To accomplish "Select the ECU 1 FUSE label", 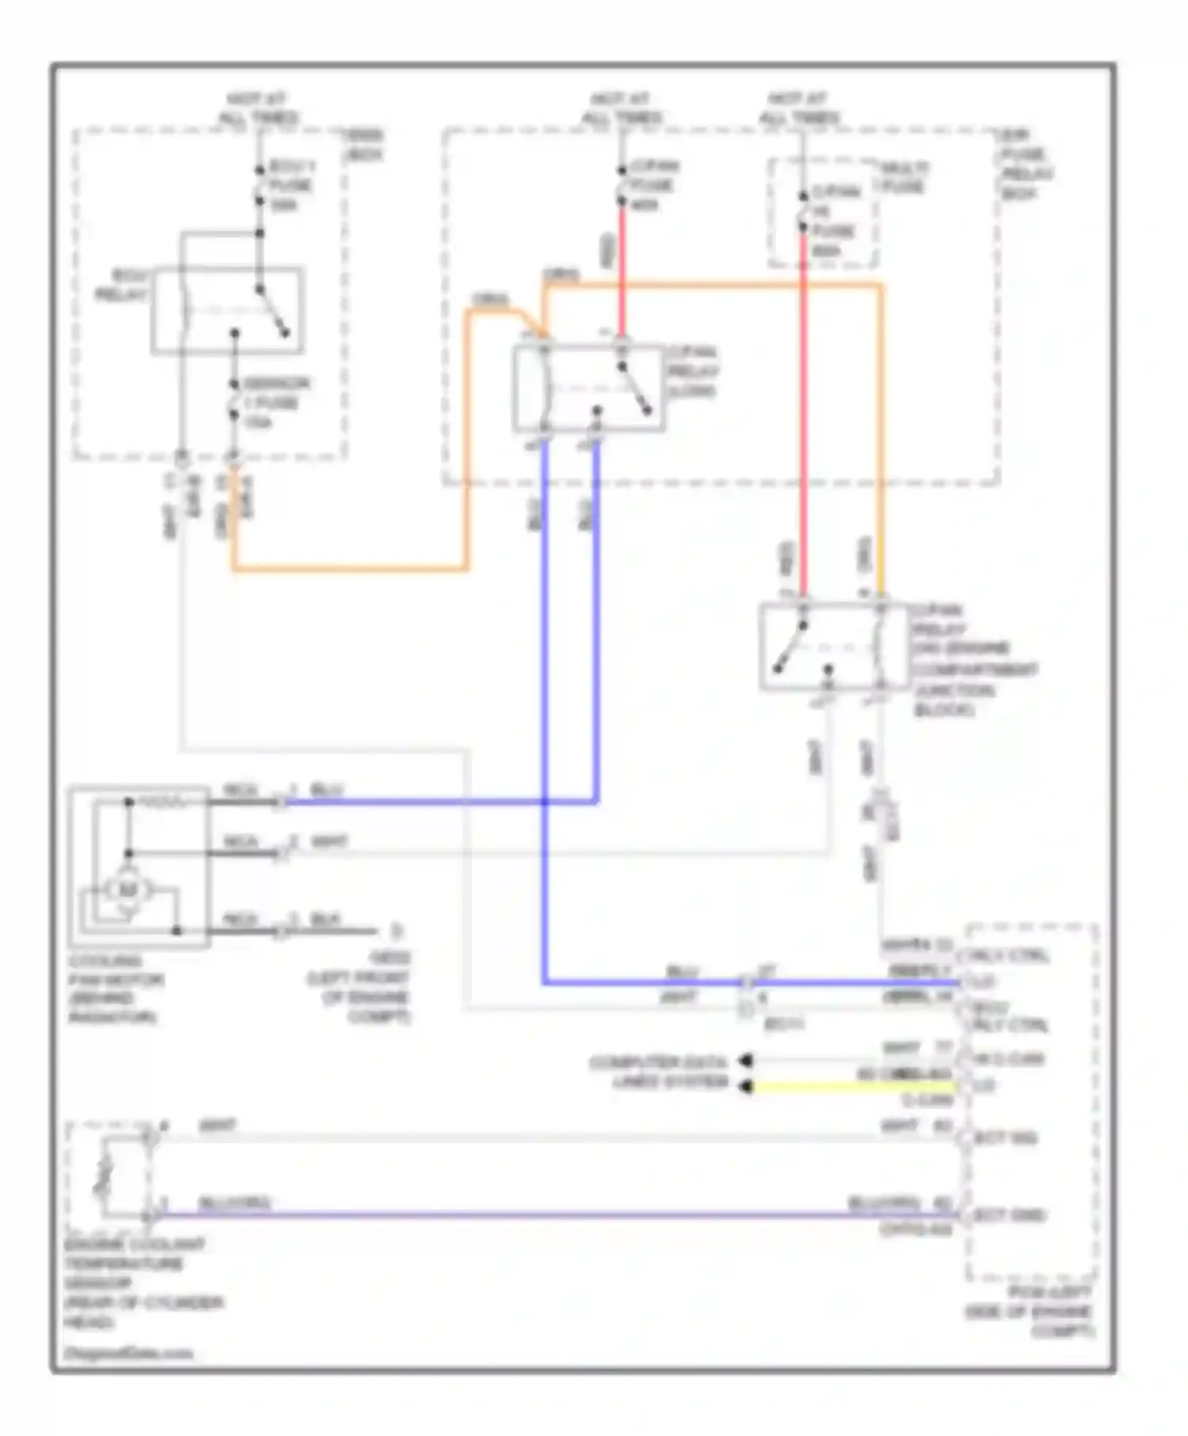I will pyautogui.click(x=290, y=186).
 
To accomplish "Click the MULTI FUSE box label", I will pyautogui.click(x=903, y=177).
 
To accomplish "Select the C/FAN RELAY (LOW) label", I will pyautogui.click(x=692, y=371).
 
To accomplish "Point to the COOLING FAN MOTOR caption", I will pyautogui.click(x=116, y=988).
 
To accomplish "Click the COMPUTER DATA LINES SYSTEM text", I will pyautogui.click(x=657, y=1072).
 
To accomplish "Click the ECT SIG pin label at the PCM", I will pyautogui.click(x=1004, y=1138).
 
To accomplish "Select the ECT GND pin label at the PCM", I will pyautogui.click(x=1007, y=1214).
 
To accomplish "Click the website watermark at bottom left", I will pyautogui.click(x=128, y=1353).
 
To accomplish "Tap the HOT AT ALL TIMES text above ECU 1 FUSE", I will pyautogui.click(x=257, y=108).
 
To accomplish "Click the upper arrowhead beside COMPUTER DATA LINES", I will pyautogui.click(x=745, y=1060).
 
